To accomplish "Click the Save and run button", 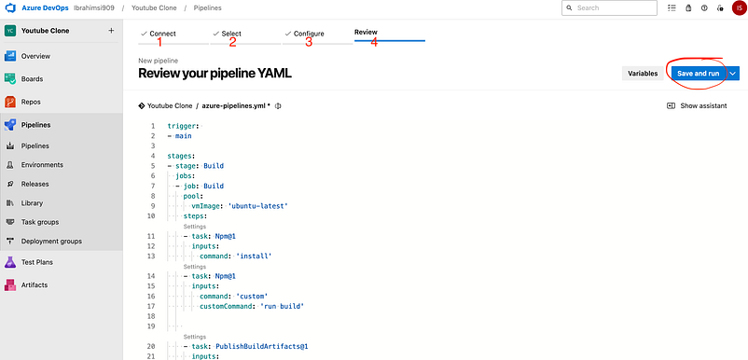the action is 699,74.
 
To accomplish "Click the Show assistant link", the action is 697,105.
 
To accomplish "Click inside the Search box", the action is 609,8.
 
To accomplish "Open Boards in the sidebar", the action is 32,79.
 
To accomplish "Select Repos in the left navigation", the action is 31,102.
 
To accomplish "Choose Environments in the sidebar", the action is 42,165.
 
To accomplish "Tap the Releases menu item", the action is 35,184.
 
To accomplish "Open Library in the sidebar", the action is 32,203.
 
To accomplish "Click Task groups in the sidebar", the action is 40,222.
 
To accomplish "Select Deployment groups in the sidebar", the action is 51,242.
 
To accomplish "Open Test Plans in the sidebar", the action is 36,262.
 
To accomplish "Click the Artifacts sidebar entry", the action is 34,285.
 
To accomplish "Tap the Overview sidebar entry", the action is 35,56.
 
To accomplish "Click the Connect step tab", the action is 159,34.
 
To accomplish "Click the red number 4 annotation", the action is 374,43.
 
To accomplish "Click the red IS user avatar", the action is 739,8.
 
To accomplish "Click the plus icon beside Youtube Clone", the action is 111,31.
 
